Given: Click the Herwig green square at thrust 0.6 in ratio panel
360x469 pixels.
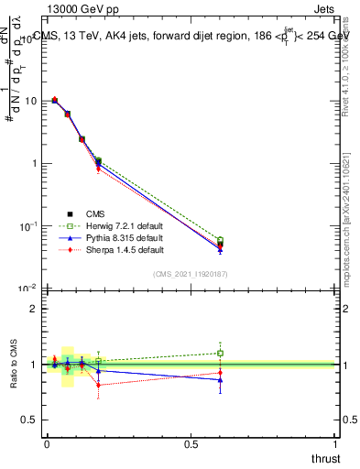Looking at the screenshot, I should [x=220, y=353].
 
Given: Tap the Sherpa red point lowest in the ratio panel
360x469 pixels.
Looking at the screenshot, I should [x=98, y=385].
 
